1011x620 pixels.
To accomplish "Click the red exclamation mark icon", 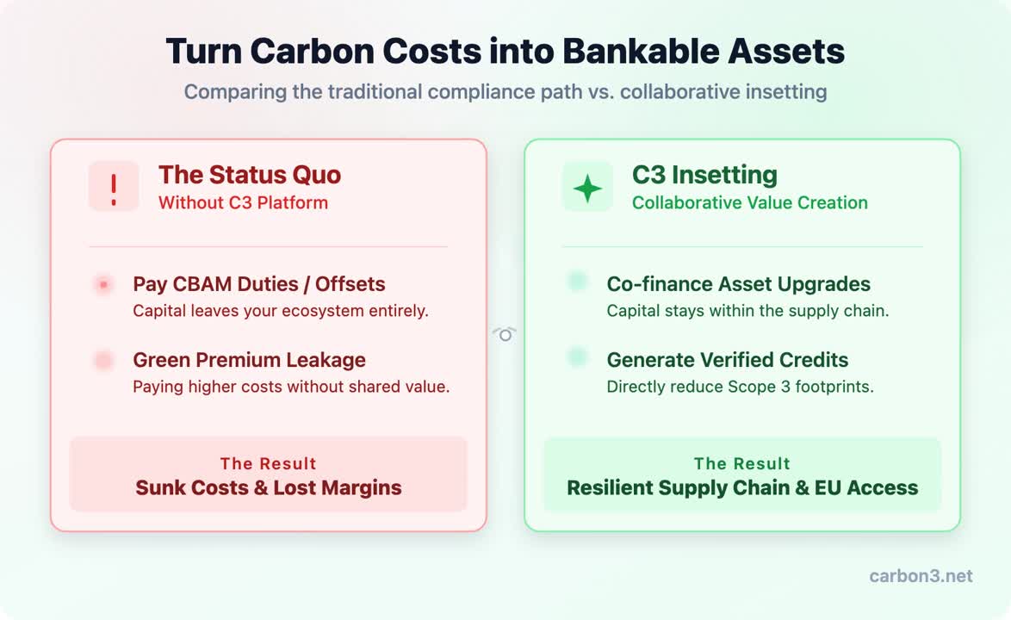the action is coord(114,190).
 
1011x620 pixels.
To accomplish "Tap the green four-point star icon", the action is coord(587,189).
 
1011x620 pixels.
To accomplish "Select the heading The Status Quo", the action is coord(250,175).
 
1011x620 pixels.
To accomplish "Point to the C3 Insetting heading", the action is coord(704,175).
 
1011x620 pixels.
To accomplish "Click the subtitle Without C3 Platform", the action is coord(243,202).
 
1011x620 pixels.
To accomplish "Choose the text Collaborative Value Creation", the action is coord(750,202).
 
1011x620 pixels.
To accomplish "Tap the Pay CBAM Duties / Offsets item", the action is coord(259,283).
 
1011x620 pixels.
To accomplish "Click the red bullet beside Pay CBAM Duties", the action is coord(103,284).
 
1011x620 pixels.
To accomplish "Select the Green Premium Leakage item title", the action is coord(250,360).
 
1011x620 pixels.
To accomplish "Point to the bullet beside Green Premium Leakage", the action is coord(103,360).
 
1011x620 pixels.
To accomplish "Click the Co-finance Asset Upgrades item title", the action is coord(738,283).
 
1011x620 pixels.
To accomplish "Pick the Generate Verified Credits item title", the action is coord(728,360).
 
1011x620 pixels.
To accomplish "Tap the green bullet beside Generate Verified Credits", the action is coord(578,356).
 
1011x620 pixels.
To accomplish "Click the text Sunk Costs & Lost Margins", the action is coord(268,488).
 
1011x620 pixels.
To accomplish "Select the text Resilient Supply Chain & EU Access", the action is coord(742,488).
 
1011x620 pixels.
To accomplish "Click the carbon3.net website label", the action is coord(921,575).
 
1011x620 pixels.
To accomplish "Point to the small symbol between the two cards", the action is coord(505,334).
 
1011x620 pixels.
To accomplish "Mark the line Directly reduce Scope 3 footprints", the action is coord(741,387).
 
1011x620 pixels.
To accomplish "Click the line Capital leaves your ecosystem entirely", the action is coord(281,311).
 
